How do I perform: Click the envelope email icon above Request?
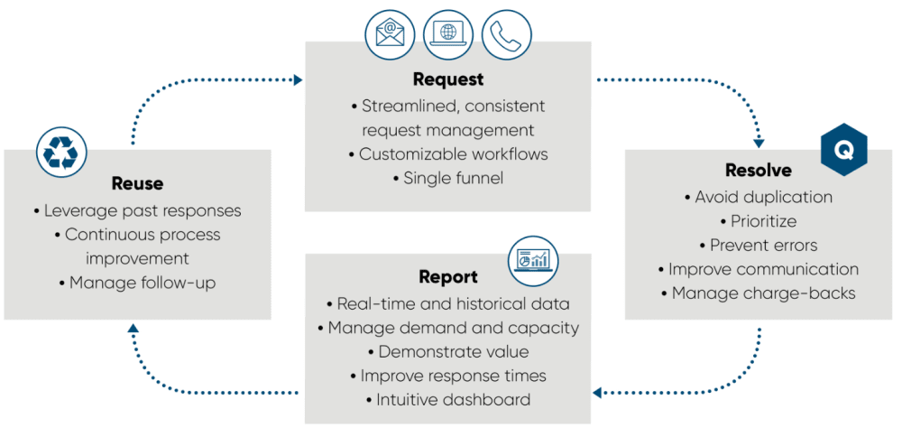pyautogui.click(x=389, y=34)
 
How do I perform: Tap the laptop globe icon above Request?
pyautogui.click(x=448, y=34)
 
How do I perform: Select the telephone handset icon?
pyautogui.click(x=506, y=34)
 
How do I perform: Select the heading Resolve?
pyautogui.click(x=759, y=170)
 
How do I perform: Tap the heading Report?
pyautogui.click(x=448, y=277)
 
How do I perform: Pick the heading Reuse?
pyautogui.click(x=137, y=183)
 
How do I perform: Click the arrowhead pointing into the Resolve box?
pyautogui.click(x=759, y=143)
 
